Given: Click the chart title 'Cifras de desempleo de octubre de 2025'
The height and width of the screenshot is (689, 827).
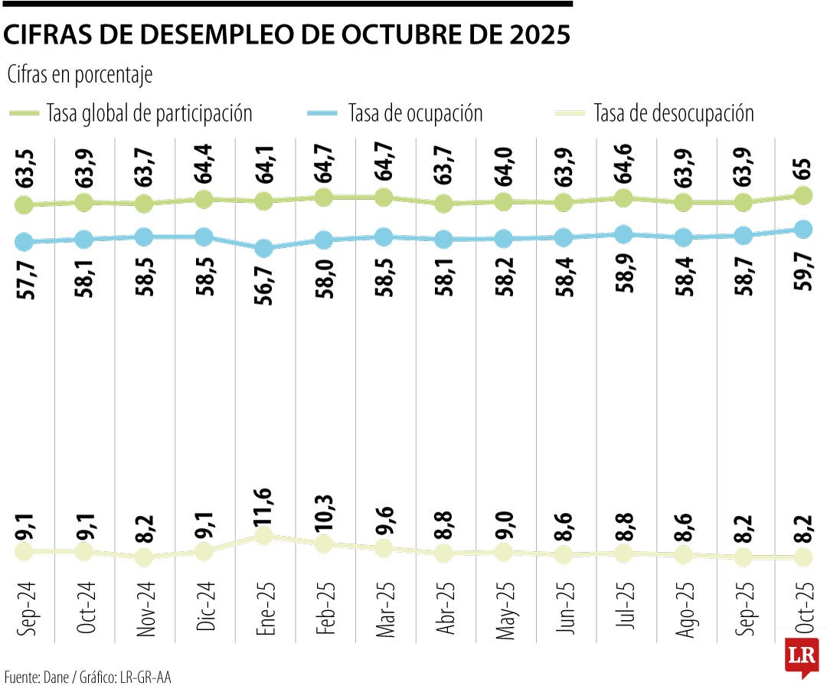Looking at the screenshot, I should [287, 35].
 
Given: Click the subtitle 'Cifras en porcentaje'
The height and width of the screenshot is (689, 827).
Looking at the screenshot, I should [80, 75].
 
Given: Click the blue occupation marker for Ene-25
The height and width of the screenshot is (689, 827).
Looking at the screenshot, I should [263, 249].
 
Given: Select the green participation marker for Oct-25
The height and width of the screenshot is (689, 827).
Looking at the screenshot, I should [802, 196].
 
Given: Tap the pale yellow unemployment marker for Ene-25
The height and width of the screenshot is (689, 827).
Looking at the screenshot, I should [263, 535].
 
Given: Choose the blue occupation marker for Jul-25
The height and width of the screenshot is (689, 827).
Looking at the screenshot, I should [623, 234].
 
